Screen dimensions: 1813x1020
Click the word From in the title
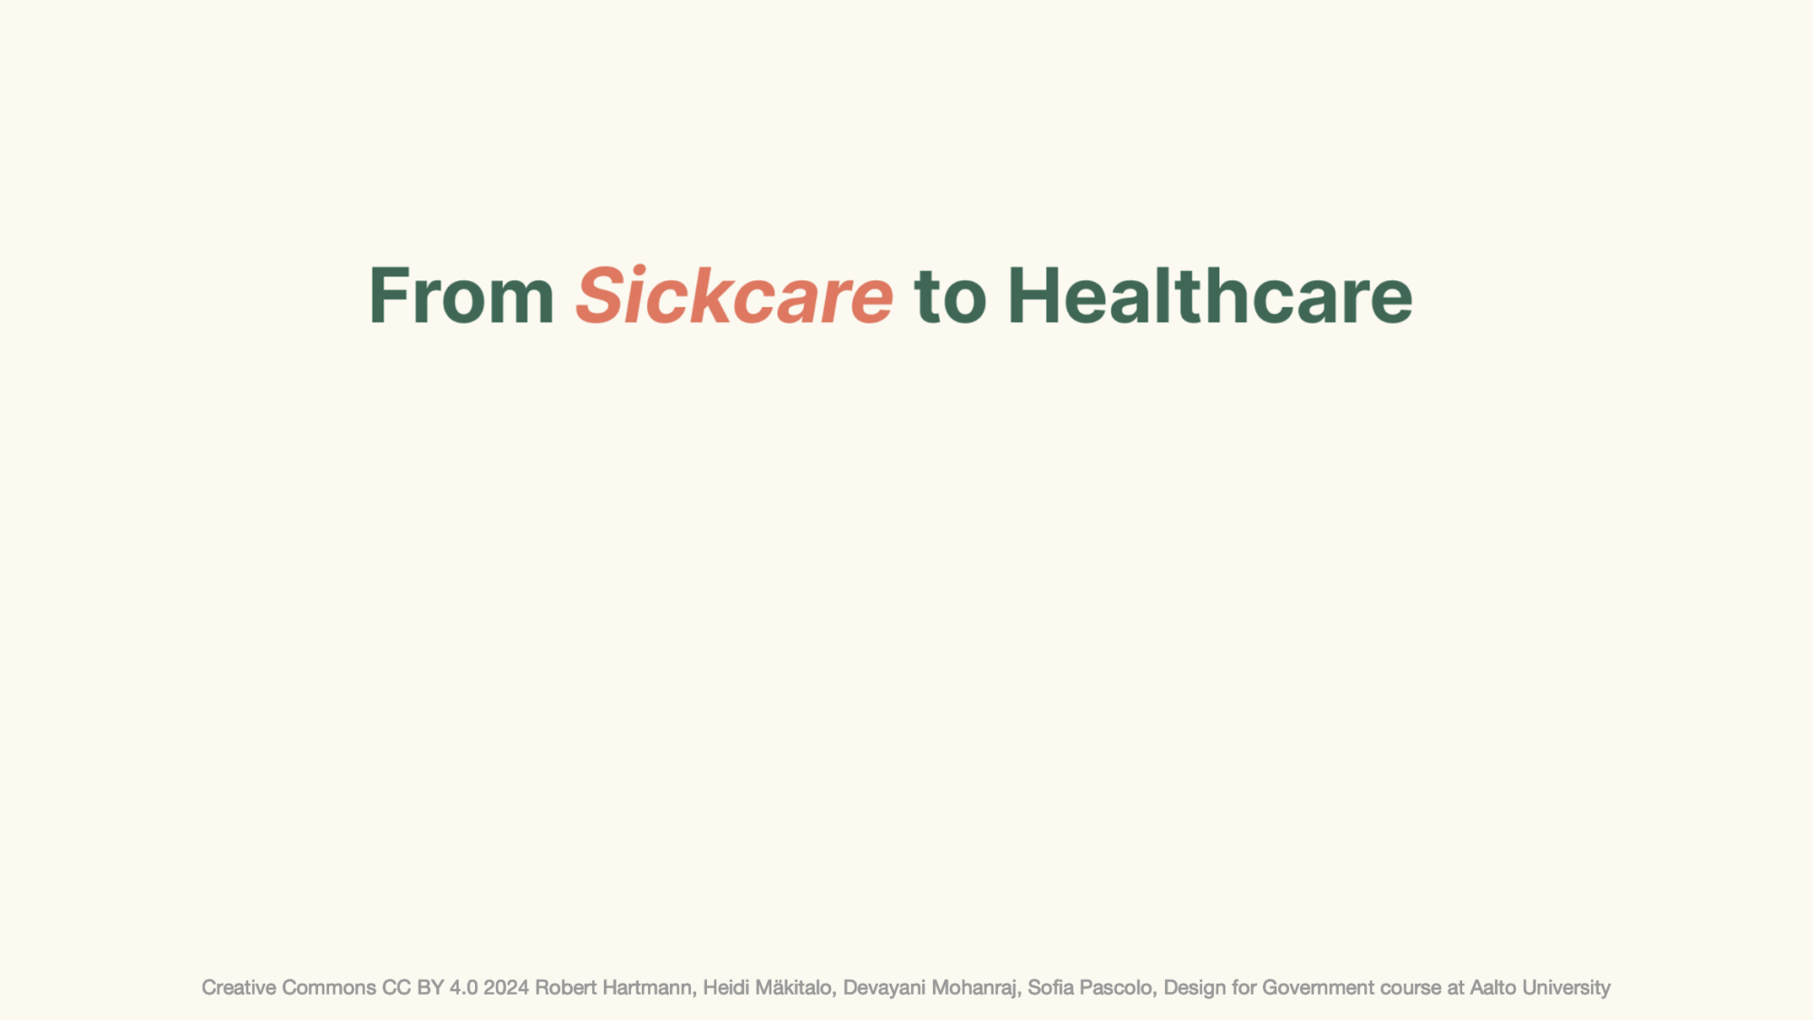tap(461, 296)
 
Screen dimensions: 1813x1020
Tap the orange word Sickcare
tap(734, 295)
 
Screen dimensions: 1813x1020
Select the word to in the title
tap(950, 297)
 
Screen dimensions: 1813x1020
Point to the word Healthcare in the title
tap(1210, 295)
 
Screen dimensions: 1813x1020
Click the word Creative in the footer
tap(238, 987)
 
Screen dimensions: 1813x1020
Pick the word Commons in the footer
tap(329, 987)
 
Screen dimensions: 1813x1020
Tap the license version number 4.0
tap(463, 987)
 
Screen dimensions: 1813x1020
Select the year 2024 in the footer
tap(506, 987)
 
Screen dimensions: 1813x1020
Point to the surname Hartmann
tap(649, 988)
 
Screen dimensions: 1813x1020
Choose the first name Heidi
tap(726, 987)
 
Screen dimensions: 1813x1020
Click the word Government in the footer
tap(1318, 987)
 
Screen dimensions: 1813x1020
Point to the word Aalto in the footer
tap(1491, 987)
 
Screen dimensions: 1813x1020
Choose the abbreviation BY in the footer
tap(431, 987)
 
